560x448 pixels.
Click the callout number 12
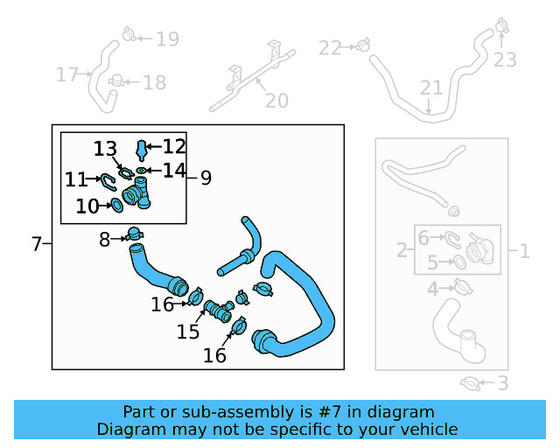tap(174, 146)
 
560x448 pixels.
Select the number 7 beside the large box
tap(36, 244)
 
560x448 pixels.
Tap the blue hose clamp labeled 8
tap(134, 235)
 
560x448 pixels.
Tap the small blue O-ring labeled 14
tap(141, 169)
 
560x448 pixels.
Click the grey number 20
tap(276, 101)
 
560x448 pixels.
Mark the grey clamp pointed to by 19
tap(129, 36)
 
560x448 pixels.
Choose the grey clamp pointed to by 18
tap(115, 82)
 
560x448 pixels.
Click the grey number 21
tap(431, 87)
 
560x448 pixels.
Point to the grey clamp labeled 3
tap(470, 382)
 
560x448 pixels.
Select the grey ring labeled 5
tap(458, 262)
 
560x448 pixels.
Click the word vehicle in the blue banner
tap(424, 429)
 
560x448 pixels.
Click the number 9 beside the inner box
tap(206, 178)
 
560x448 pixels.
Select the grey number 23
tap(505, 59)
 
